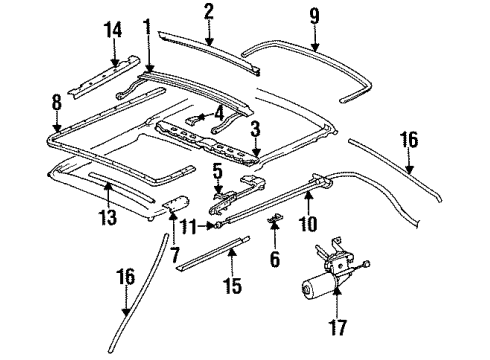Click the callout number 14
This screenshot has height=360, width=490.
click(114, 30)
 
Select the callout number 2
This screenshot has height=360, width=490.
click(209, 11)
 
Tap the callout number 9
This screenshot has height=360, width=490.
click(314, 16)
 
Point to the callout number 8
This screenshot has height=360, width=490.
click(57, 101)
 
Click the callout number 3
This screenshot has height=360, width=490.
click(255, 129)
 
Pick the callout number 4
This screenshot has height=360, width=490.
click(219, 114)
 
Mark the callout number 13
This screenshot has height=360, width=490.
click(108, 217)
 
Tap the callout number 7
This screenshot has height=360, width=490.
click(175, 254)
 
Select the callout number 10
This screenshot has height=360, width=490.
click(308, 223)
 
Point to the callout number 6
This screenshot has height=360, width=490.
click(275, 259)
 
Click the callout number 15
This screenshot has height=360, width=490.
click(232, 285)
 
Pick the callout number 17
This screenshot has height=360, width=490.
click(337, 327)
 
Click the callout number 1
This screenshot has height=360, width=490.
click(147, 27)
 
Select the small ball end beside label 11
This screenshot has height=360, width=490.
click(218, 226)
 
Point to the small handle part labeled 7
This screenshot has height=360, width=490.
click(177, 203)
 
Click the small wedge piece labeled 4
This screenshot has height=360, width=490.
click(194, 119)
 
